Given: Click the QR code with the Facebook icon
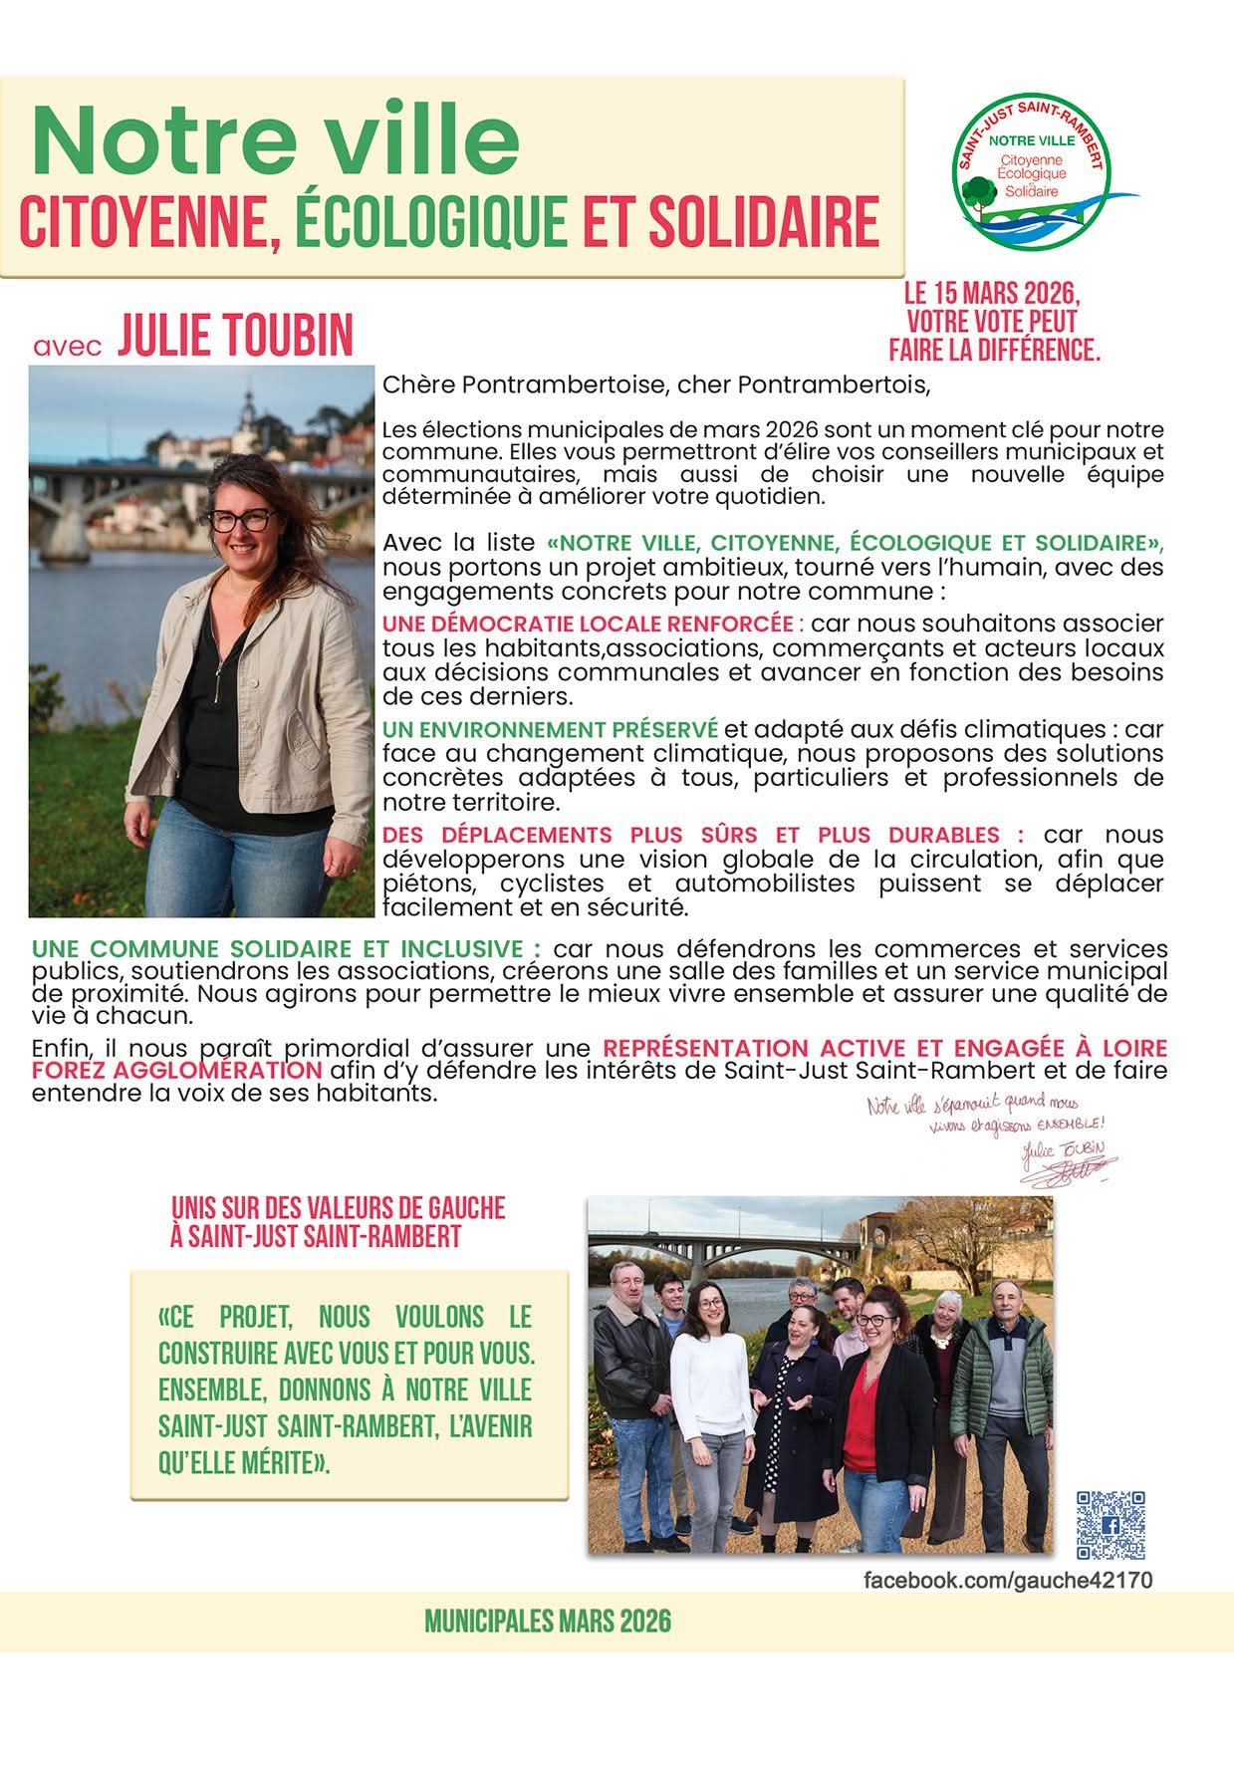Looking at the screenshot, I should click(x=1111, y=1525).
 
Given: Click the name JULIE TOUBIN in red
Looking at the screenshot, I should click(x=235, y=337).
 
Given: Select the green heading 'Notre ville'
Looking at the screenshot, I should click(x=275, y=139).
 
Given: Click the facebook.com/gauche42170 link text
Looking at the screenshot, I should click(x=1008, y=1581).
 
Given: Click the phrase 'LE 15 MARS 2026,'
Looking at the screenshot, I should click(x=992, y=295).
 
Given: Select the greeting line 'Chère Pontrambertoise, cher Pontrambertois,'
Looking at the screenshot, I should click(x=655, y=384).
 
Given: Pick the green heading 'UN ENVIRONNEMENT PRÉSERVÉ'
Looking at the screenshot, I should click(x=550, y=730).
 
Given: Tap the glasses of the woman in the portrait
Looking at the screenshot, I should click(x=242, y=520).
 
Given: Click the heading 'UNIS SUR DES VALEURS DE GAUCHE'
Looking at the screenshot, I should click(x=339, y=1209).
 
